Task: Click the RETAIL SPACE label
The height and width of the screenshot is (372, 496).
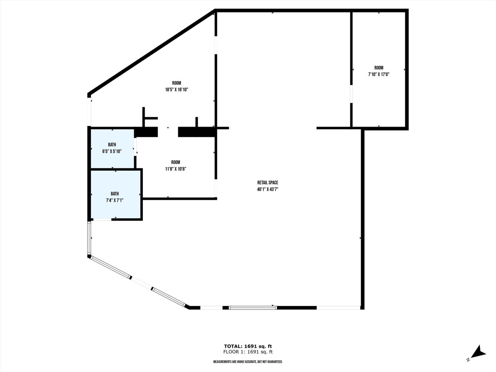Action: (x=267, y=183)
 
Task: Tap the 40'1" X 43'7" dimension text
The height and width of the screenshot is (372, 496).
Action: (x=267, y=189)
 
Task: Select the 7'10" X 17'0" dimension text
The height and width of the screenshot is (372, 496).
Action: (x=379, y=74)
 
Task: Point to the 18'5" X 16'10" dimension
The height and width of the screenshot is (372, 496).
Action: (x=177, y=90)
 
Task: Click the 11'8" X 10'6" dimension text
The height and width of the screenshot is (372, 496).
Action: (x=176, y=169)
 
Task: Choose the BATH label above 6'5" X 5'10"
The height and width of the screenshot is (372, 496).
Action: (x=112, y=145)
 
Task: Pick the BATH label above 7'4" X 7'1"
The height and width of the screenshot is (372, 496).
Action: (x=114, y=194)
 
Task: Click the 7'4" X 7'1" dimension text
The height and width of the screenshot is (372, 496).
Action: (x=114, y=200)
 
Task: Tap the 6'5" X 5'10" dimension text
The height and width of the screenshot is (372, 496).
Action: (x=112, y=151)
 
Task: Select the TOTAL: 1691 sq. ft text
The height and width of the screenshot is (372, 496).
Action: (x=248, y=346)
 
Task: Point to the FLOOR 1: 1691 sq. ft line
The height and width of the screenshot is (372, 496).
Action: (x=248, y=352)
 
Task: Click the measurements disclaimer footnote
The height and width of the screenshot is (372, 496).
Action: (x=248, y=362)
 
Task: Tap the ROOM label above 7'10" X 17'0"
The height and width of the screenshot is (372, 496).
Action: (x=379, y=68)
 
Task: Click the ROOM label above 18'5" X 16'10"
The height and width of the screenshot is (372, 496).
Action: (x=177, y=83)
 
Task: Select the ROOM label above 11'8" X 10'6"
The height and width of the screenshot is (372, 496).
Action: (x=176, y=162)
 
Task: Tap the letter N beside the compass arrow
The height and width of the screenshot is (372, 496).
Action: (x=468, y=360)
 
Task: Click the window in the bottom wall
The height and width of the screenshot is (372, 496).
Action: (x=253, y=308)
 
